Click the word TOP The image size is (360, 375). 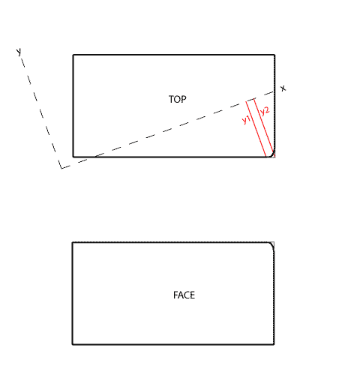178,100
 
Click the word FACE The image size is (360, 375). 184,295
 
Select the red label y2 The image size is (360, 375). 265,111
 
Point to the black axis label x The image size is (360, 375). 283,88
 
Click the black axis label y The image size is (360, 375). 19,52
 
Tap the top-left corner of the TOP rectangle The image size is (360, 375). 73,55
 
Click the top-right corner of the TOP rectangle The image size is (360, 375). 274,55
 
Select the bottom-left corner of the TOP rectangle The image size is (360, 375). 73,157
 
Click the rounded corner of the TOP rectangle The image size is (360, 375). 273,155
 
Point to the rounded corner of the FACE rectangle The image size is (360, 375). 272,244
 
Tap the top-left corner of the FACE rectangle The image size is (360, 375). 73,242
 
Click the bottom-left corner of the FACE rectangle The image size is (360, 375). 73,344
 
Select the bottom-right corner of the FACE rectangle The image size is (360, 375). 274,344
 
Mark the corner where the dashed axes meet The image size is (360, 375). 61,168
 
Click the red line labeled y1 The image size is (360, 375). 256,129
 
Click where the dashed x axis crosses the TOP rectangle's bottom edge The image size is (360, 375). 95,157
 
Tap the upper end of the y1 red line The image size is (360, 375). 246,101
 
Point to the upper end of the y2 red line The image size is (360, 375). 254,99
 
